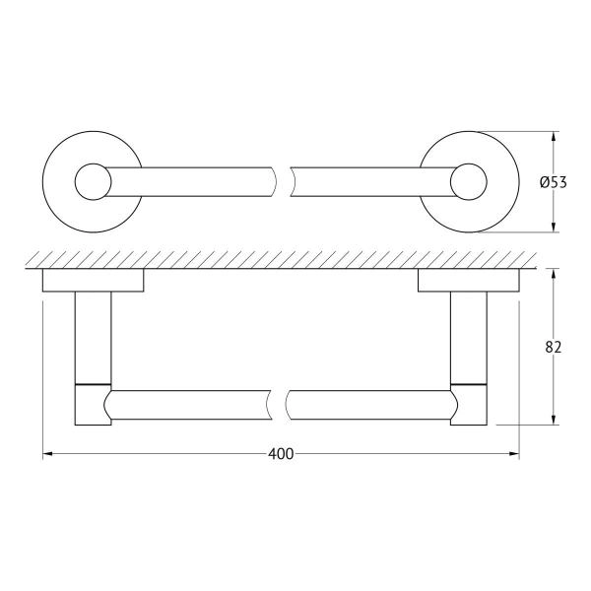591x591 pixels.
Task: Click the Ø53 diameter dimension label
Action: tap(554, 181)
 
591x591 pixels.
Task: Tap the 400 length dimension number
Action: tap(281, 454)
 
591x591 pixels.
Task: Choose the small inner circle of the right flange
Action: tap(470, 181)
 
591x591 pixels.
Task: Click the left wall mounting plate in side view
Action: tap(93, 283)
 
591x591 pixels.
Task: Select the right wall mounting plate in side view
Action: tap(469, 283)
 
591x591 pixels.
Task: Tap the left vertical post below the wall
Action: tap(94, 335)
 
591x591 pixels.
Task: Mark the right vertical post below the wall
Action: tap(469, 335)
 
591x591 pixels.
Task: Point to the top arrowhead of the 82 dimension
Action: tap(557, 272)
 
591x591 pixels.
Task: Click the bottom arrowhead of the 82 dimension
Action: tap(557, 421)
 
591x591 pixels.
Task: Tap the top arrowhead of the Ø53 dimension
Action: tap(557, 135)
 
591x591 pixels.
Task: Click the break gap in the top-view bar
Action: tap(282, 181)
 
